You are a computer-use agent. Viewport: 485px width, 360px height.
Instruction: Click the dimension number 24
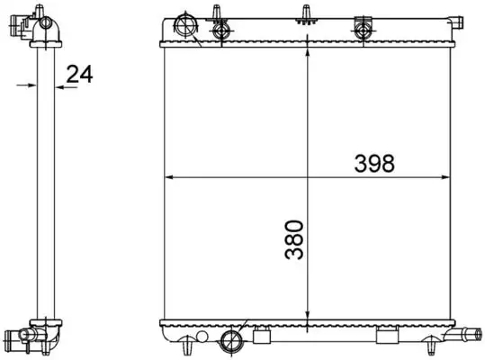[80, 75]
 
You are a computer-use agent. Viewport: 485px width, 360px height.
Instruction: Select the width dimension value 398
[375, 163]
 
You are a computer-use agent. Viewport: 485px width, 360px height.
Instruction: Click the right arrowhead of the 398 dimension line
[447, 176]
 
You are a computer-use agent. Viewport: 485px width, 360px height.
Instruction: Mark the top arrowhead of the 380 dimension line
[309, 51]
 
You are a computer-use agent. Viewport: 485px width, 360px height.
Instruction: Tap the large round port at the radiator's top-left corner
[188, 24]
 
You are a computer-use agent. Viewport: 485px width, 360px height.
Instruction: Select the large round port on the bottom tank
[231, 339]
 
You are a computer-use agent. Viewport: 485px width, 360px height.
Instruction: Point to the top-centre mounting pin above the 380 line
[309, 13]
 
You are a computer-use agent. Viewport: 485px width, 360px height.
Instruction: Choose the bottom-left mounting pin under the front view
[185, 346]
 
